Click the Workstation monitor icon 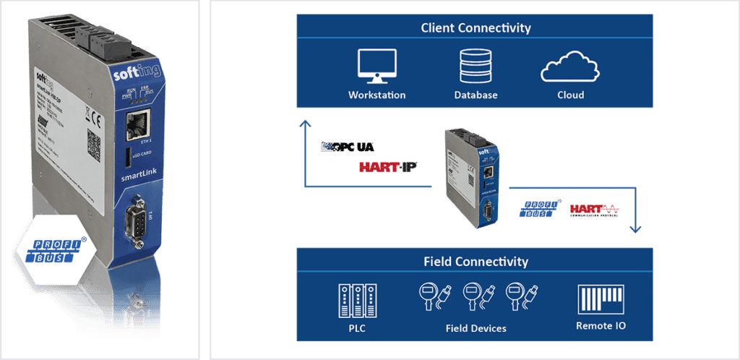pyautogui.click(x=377, y=67)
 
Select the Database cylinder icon pyautogui.click(x=475, y=67)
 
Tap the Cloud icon pyautogui.click(x=571, y=67)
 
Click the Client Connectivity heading pyautogui.click(x=476, y=28)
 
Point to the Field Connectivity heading pyautogui.click(x=476, y=262)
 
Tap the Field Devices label pyautogui.click(x=476, y=328)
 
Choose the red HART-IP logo pyautogui.click(x=389, y=168)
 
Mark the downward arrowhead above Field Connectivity pyautogui.click(x=635, y=229)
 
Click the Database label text pyautogui.click(x=476, y=95)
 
